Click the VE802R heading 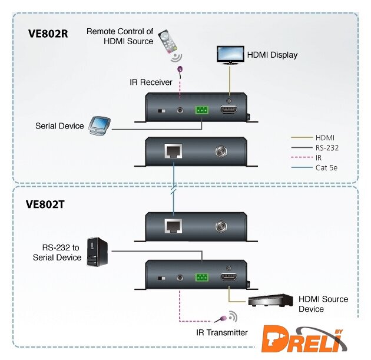pos(48,34)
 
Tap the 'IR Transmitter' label pos(222,332)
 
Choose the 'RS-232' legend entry pos(328,147)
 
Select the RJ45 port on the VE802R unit pos(173,151)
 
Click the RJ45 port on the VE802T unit pos(173,226)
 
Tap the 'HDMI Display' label pos(272,55)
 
